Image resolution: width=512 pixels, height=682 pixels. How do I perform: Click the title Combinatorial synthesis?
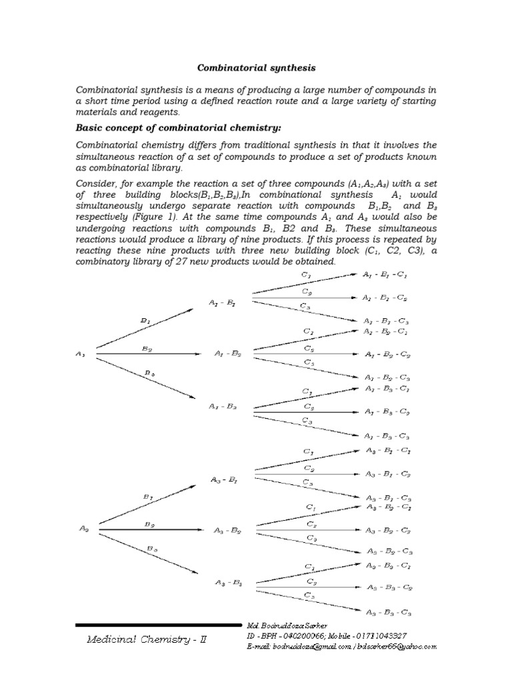click(x=256, y=68)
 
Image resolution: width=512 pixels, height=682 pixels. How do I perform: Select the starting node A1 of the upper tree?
click(x=81, y=354)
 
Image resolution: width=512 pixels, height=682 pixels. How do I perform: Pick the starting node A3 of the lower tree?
click(x=84, y=529)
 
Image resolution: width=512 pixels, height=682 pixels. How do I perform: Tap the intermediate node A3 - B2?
click(x=227, y=531)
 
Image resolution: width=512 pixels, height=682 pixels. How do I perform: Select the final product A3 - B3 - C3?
click(x=389, y=611)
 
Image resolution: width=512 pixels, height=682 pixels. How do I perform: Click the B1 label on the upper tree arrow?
click(x=145, y=320)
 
